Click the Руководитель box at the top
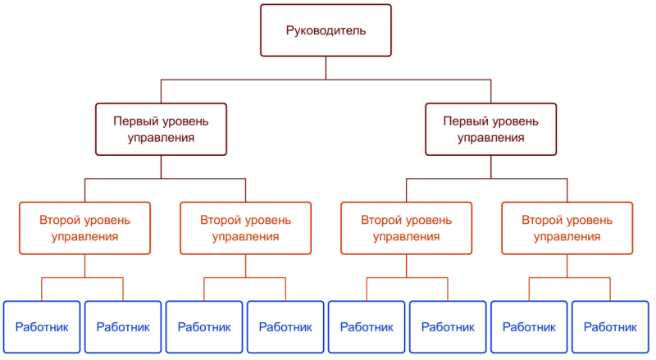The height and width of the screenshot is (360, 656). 326,31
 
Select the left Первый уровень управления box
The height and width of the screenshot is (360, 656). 161,130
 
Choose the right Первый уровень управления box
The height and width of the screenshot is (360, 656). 490,130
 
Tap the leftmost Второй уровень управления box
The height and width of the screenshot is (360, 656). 84,228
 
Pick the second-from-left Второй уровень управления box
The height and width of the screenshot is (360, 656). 245,228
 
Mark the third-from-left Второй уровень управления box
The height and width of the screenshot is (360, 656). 407,228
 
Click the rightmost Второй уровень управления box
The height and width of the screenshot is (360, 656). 567,228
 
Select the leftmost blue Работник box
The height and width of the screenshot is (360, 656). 43,326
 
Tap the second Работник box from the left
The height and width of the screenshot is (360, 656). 123,326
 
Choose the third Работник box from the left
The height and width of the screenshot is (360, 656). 204,326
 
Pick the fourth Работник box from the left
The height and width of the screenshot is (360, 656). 285,326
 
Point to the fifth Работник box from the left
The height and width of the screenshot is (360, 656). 367,326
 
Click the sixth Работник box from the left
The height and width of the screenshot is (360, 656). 448,326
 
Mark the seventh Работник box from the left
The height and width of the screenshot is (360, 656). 529,326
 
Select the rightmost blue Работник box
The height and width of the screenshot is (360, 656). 610,326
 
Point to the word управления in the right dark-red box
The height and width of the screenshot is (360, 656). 490,138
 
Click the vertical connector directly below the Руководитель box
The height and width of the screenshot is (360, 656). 326,67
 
